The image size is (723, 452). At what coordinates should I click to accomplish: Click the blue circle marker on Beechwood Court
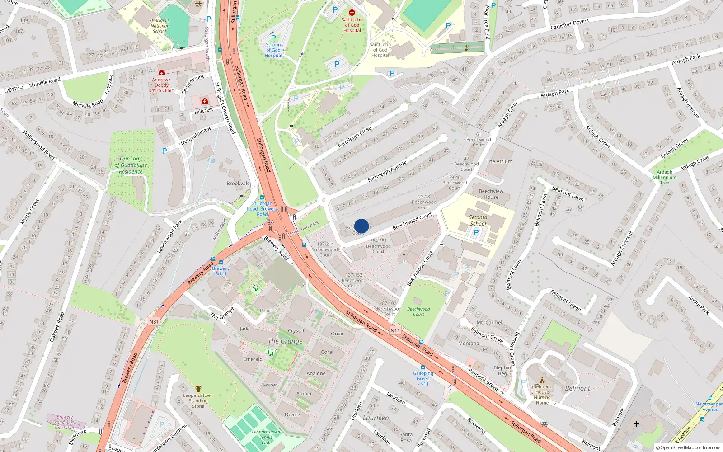tap(361, 226)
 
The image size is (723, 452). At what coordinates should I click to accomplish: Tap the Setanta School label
tap(478, 220)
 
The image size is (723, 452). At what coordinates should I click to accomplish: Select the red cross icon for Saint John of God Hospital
tap(352, 13)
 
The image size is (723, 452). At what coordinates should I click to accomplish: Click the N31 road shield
tap(154, 322)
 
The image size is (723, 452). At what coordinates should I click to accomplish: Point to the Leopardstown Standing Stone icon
tap(198, 389)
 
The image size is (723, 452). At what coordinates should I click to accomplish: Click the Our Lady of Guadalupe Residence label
tap(131, 165)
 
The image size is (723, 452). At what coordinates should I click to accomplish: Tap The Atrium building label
tap(499, 161)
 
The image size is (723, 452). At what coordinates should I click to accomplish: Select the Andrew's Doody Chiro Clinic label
tap(161, 85)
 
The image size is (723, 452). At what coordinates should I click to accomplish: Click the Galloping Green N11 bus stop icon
tap(423, 367)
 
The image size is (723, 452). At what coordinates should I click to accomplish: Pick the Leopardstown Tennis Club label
tap(266, 437)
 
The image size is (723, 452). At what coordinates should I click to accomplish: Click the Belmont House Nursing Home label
tap(542, 395)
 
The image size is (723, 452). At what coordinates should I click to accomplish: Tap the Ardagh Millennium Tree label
tap(664, 177)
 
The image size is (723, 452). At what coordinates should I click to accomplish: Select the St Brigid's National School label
tap(159, 26)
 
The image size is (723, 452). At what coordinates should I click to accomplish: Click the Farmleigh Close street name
tap(355, 137)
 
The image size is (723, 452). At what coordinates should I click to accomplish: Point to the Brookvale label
tap(238, 184)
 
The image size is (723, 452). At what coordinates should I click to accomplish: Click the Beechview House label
tap(491, 194)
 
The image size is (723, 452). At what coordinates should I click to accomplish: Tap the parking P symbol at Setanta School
tap(476, 232)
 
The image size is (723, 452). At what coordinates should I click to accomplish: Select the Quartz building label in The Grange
tap(292, 414)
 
